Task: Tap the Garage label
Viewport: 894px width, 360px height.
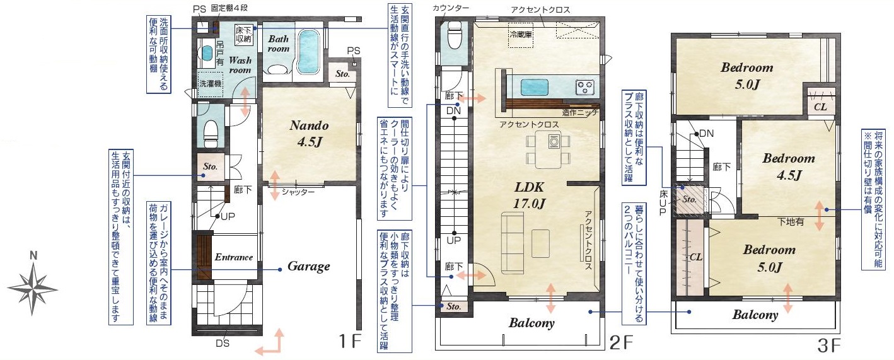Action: (308, 267)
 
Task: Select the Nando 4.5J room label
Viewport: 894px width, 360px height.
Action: (310, 133)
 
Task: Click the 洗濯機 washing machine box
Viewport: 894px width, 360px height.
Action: (211, 84)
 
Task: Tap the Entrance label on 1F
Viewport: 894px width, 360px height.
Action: (233, 257)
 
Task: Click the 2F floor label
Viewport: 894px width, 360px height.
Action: (621, 342)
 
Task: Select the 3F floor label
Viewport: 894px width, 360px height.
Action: (828, 345)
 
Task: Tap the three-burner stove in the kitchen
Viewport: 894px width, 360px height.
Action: (584, 88)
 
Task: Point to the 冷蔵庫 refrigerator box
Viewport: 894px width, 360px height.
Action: (520, 35)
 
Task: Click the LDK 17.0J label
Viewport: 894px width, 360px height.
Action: (529, 195)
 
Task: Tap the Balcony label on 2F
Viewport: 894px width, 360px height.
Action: (531, 323)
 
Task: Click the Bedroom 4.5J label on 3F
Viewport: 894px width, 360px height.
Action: (789, 166)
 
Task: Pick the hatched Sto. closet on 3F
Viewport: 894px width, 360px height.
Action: (689, 200)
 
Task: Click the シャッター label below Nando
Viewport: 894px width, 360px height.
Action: (298, 192)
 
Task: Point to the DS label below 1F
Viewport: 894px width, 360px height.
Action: (223, 344)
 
